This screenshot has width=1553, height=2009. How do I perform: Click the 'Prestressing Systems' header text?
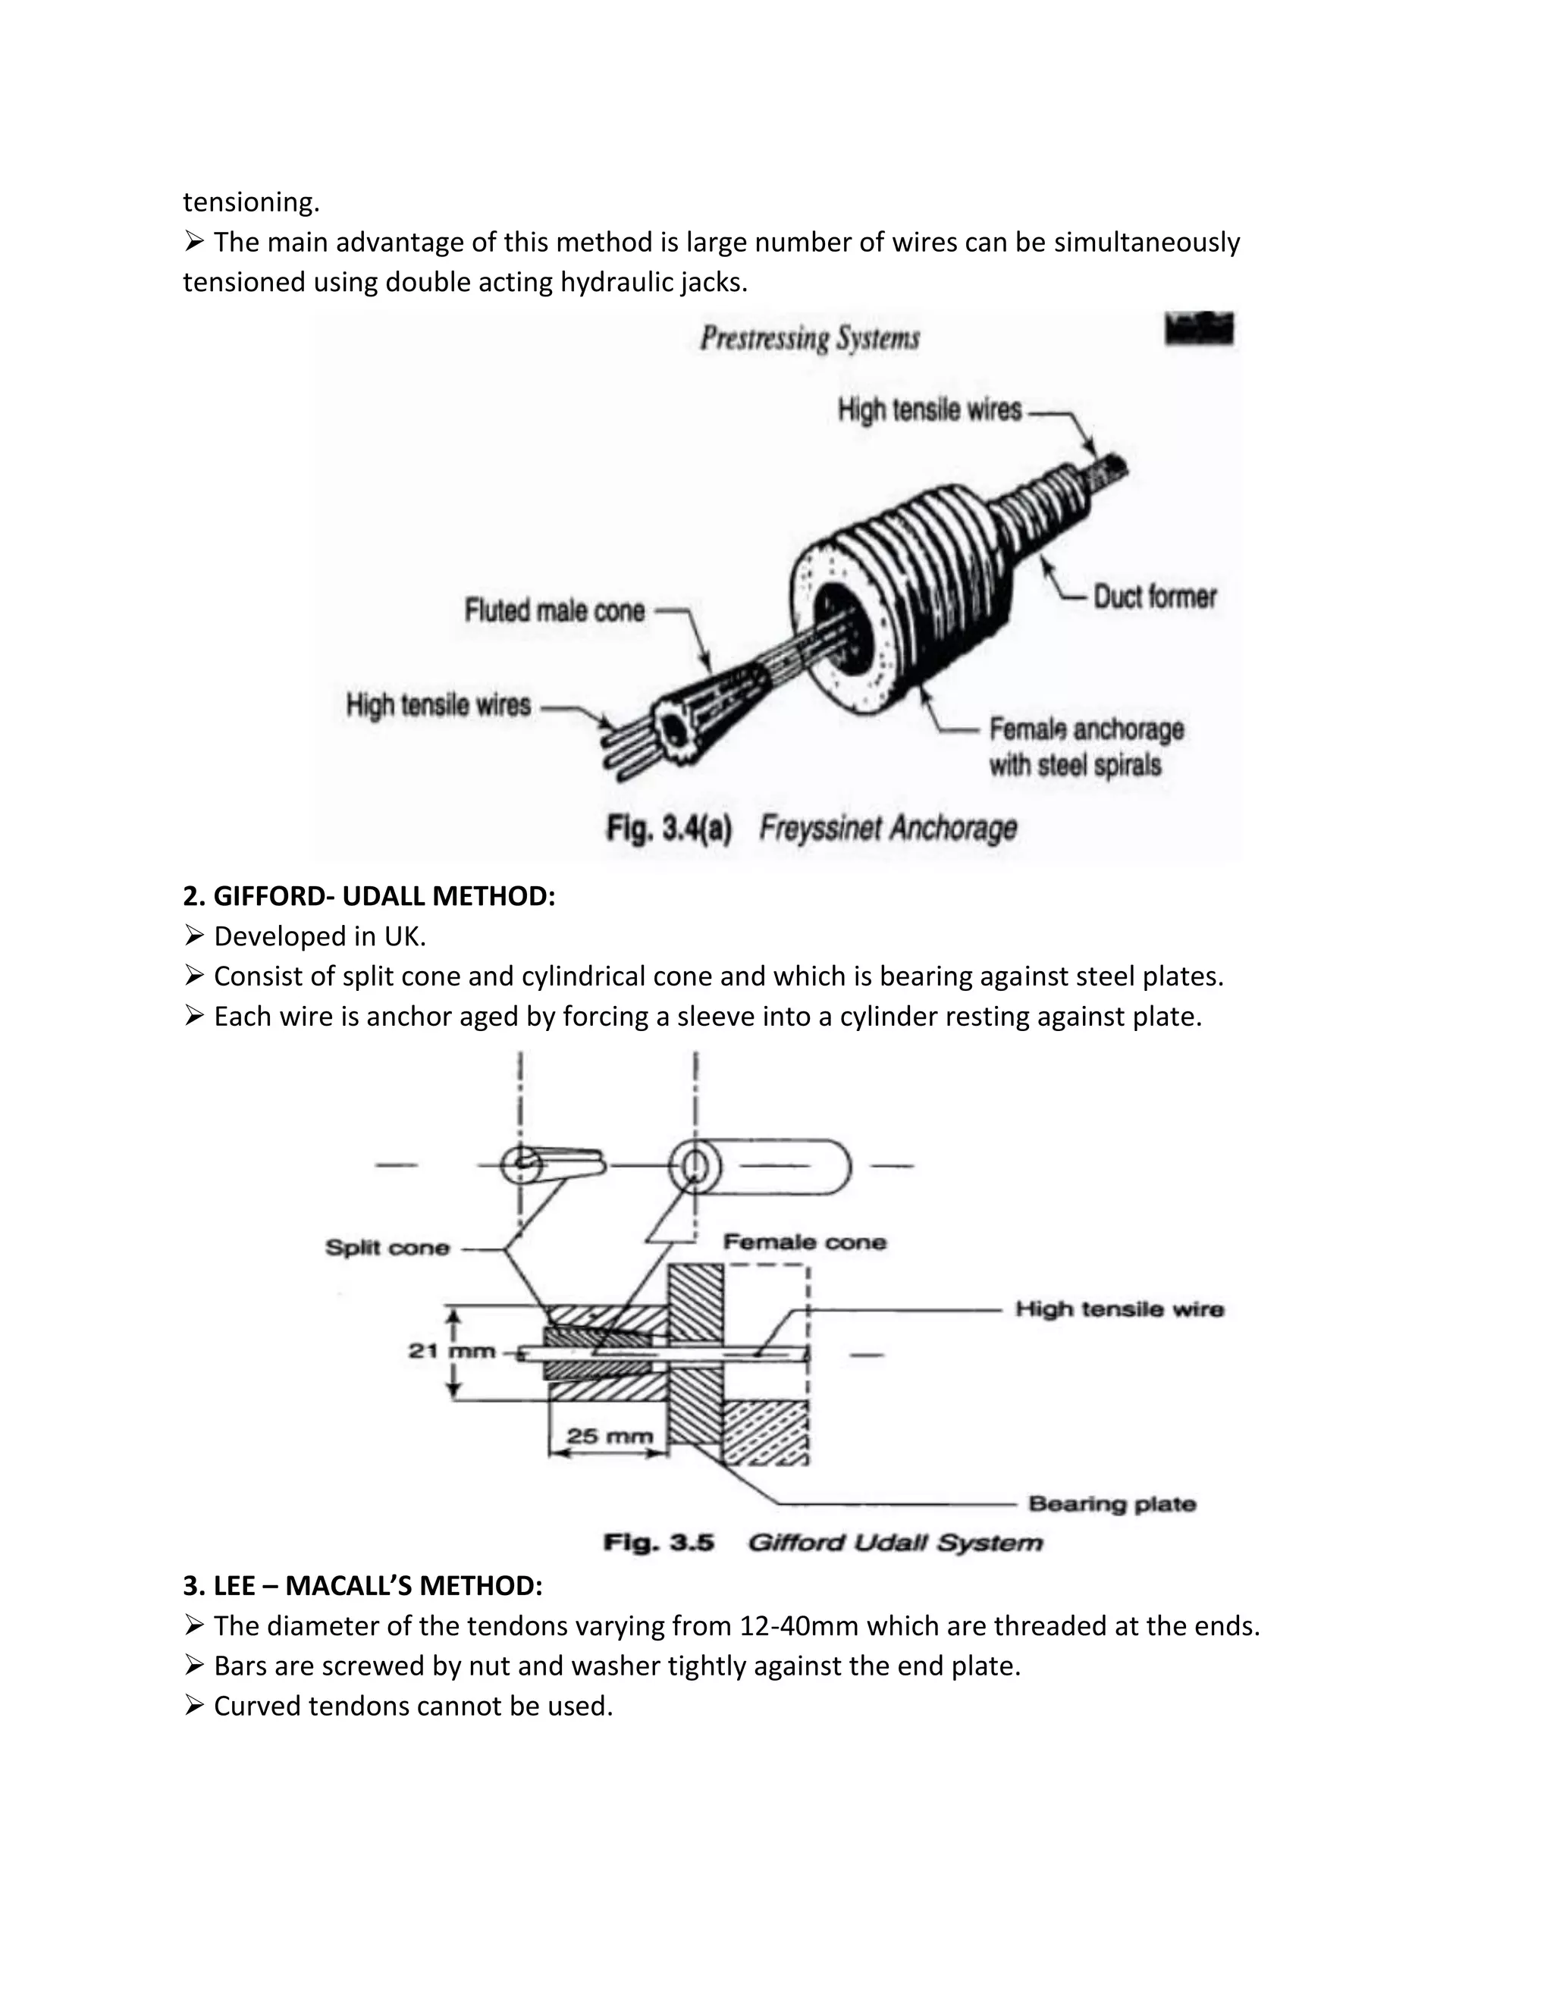(x=810, y=339)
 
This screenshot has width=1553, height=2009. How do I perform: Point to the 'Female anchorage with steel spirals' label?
(x=1086, y=747)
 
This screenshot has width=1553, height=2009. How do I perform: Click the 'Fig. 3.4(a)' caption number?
(x=669, y=829)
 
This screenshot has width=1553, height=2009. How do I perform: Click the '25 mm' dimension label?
(x=609, y=1436)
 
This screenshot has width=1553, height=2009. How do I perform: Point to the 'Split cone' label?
(x=387, y=1249)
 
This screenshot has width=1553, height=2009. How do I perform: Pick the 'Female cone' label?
(x=804, y=1243)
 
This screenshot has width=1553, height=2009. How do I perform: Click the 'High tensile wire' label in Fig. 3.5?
(x=1118, y=1309)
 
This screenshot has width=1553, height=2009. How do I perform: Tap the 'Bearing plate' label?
(x=1112, y=1504)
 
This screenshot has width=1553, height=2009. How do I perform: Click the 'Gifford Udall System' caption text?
(x=894, y=1543)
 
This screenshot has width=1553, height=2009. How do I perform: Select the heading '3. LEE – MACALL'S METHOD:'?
(x=362, y=1586)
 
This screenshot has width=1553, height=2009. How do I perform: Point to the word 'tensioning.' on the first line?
(x=250, y=202)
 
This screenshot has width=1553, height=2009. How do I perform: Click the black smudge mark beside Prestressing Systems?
(x=1199, y=328)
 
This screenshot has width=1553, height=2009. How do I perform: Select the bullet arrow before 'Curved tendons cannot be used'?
(x=193, y=1707)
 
